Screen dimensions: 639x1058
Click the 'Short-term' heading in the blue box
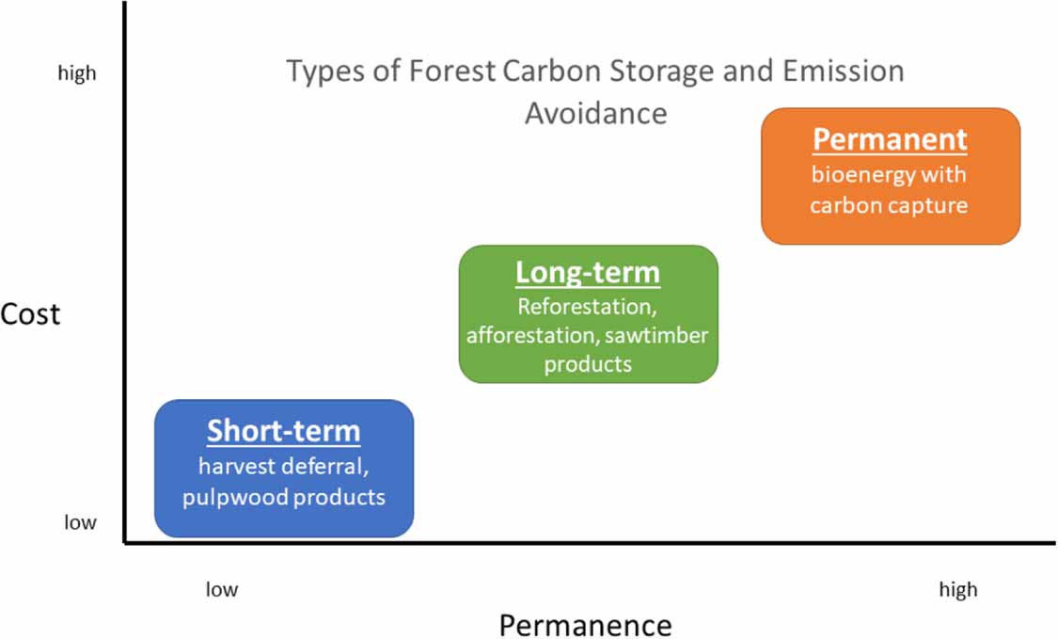tap(283, 431)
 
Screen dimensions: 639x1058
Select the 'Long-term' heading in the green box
tap(588, 273)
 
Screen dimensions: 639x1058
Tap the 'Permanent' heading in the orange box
tap(890, 139)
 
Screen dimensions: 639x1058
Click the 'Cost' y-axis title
tap(30, 313)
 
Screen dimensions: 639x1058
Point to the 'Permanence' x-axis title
tap(585, 625)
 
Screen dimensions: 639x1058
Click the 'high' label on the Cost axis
tap(77, 73)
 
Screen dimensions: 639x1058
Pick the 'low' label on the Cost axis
tap(80, 522)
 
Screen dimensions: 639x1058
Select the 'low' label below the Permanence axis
tap(222, 590)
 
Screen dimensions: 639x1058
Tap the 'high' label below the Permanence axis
tap(957, 590)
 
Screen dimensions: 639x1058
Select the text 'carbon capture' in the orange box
tap(889, 204)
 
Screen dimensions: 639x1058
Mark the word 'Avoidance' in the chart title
tap(595, 113)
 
